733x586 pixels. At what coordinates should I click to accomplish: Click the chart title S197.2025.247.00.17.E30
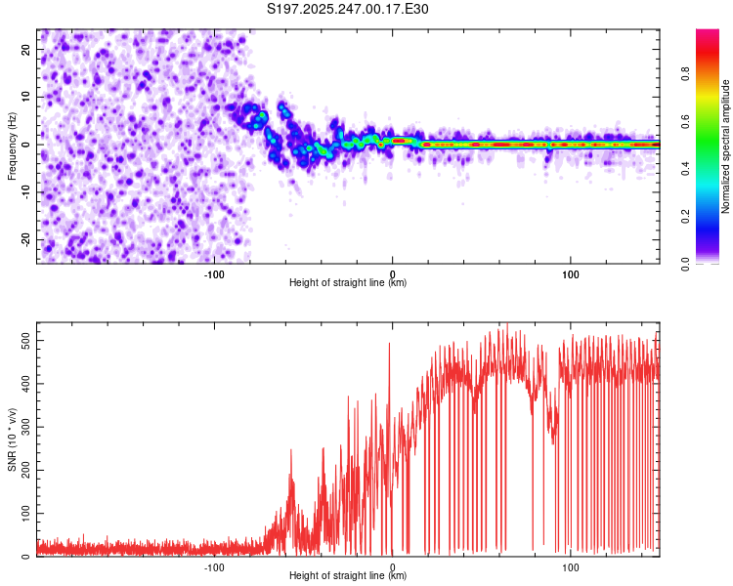point(348,10)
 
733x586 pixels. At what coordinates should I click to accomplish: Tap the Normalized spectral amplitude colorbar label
point(726,146)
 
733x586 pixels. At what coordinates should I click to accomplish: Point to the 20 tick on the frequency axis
point(26,49)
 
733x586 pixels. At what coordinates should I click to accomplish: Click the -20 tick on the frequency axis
point(24,240)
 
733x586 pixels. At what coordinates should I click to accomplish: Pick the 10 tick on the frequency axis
point(26,97)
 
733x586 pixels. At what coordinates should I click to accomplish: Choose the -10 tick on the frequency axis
point(24,192)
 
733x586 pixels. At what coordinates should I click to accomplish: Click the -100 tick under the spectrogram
point(214,273)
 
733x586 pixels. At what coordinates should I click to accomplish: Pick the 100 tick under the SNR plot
point(571,566)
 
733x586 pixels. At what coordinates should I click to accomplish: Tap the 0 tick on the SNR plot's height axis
point(393,566)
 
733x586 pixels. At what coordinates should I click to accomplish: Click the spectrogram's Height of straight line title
point(348,283)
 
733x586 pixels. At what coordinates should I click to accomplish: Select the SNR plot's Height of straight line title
point(348,576)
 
